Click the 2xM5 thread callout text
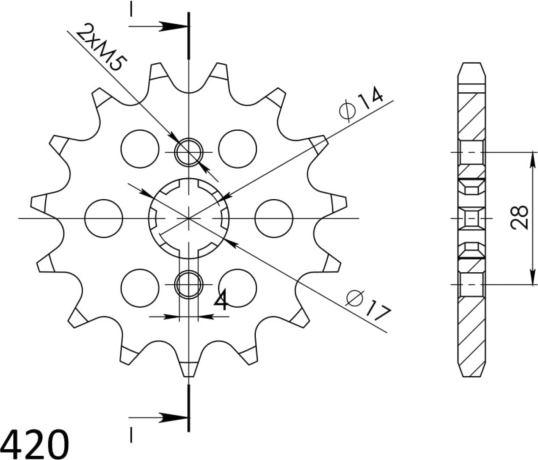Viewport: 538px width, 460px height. pyautogui.click(x=102, y=48)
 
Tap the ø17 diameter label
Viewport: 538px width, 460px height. pyautogui.click(x=367, y=305)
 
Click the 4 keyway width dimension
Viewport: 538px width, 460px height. pyautogui.click(x=221, y=302)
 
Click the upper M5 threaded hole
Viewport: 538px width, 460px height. pyautogui.click(x=189, y=152)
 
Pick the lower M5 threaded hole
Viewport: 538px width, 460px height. pyautogui.click(x=189, y=284)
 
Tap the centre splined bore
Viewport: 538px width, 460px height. pyautogui.click(x=189, y=218)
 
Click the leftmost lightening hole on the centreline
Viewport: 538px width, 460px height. pyautogui.click(x=104, y=218)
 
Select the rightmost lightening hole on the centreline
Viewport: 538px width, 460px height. pyautogui.click(x=274, y=218)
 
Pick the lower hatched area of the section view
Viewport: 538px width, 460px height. pyautogui.click(x=472, y=328)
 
